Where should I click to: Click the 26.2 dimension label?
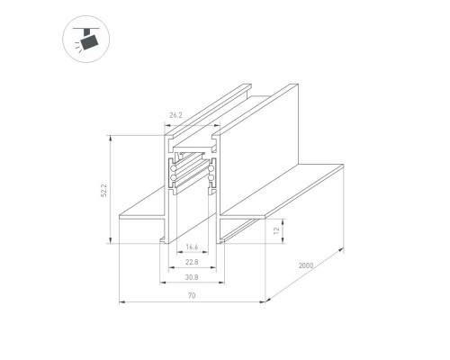175,114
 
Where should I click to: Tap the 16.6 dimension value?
192,246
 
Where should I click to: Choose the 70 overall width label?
192,296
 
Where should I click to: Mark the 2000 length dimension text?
307,265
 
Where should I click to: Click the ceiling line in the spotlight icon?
86,29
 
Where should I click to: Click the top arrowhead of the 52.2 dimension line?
110,138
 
